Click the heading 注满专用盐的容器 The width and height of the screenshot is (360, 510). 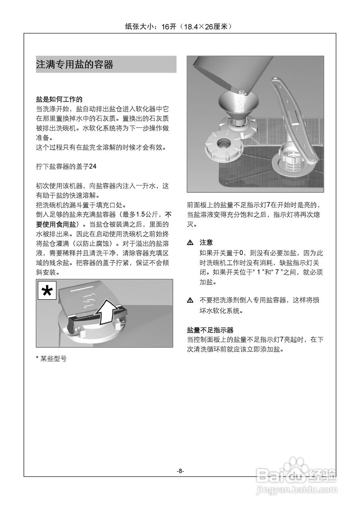[75, 65]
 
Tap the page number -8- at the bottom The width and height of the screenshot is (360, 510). [180, 471]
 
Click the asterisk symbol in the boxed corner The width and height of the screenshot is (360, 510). [47, 291]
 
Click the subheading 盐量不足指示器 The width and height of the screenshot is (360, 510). [210, 330]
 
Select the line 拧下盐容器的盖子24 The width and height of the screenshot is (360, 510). [66, 166]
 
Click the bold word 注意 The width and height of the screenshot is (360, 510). [206, 242]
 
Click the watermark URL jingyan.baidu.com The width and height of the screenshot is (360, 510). [296, 489]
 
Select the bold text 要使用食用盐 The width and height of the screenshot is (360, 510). [55, 224]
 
